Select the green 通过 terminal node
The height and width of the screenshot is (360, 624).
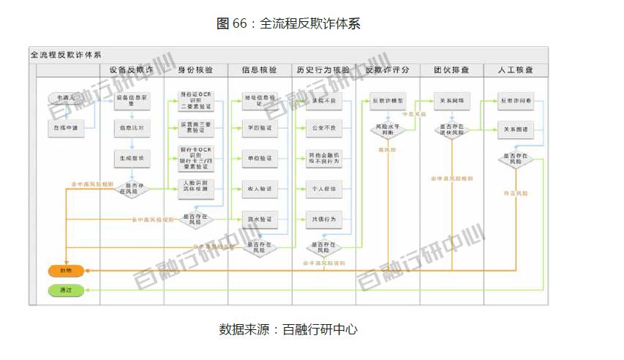(66, 290)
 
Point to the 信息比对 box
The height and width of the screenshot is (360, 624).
(132, 129)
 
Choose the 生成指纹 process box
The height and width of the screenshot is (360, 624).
(132, 157)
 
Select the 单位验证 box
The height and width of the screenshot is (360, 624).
(259, 157)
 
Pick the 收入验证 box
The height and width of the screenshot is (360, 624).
(259, 189)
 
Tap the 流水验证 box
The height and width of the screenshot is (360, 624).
(259, 219)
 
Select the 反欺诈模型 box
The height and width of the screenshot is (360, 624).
(388, 100)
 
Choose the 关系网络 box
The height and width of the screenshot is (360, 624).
(451, 100)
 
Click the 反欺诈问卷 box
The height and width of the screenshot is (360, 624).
(516, 100)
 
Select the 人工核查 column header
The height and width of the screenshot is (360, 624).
(516, 70)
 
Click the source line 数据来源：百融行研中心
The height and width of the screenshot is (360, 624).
(288, 329)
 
